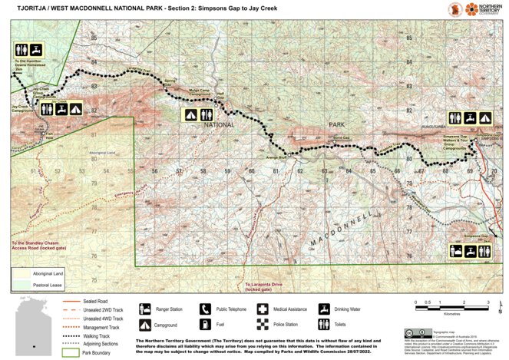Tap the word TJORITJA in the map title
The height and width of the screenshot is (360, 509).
click(x=24, y=8)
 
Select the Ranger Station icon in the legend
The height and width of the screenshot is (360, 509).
click(x=144, y=308)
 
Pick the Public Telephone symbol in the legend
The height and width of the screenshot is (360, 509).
click(x=205, y=308)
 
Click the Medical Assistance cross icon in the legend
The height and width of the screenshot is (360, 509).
click(x=264, y=308)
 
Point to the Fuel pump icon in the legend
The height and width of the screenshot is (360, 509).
click(x=205, y=324)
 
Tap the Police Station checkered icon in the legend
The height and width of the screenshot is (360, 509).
click(x=264, y=324)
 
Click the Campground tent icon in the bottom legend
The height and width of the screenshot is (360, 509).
click(x=144, y=324)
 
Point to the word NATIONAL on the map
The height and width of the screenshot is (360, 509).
click(x=219, y=124)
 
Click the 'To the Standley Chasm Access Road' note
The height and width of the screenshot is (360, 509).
click(x=38, y=249)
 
